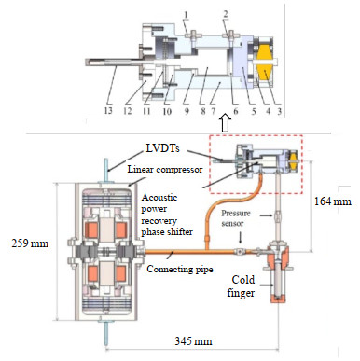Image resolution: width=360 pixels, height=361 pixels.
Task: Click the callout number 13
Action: [x=108, y=110]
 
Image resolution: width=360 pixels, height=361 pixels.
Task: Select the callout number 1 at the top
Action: [x=186, y=15]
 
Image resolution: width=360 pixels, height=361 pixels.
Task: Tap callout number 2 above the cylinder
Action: [x=226, y=14]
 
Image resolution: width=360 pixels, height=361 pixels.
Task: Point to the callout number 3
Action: [x=280, y=111]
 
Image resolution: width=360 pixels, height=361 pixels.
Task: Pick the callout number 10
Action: [x=167, y=111]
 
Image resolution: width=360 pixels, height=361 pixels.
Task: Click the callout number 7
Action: [x=214, y=111]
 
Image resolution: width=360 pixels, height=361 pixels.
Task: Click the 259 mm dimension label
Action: [x=30, y=243]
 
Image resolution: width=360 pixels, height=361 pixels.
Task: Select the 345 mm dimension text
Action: [x=193, y=341]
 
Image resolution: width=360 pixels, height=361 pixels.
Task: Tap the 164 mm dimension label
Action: [x=333, y=201]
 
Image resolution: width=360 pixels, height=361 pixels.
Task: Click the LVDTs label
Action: [x=162, y=148]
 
